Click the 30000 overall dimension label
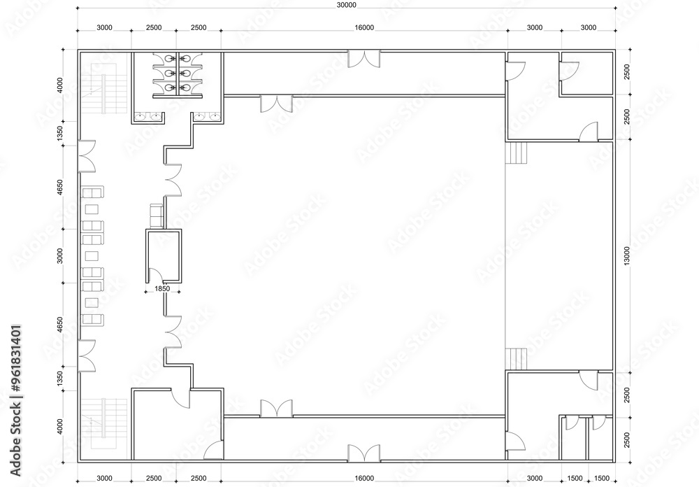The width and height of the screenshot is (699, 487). (347, 6)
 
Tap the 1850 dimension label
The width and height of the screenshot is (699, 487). (162, 289)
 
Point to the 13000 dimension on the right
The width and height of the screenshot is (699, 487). (627, 256)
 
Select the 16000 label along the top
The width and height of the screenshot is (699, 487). (364, 28)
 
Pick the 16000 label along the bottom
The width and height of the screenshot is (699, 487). (364, 479)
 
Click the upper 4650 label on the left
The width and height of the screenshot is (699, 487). (60, 188)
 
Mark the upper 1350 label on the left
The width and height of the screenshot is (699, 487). (60, 134)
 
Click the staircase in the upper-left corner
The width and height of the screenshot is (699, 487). (104, 88)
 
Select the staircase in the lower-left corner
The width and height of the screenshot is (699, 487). (104, 424)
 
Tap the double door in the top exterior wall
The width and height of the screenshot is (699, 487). (363, 59)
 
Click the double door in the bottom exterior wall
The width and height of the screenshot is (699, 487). (363, 453)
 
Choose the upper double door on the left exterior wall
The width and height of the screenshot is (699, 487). (87, 156)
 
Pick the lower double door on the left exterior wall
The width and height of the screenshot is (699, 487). (87, 355)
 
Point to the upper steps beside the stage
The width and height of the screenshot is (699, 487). (517, 153)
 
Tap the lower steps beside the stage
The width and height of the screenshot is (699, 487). (517, 359)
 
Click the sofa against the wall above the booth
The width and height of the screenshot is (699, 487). (157, 216)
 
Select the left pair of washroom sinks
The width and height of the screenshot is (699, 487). (147, 118)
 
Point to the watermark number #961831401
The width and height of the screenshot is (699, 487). (15, 358)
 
